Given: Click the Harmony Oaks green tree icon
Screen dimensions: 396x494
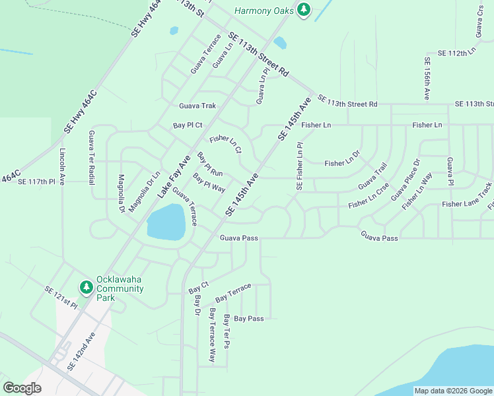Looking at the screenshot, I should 304,10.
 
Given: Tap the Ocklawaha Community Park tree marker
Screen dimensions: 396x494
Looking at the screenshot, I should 86,287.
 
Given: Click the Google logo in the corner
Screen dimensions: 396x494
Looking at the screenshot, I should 22,388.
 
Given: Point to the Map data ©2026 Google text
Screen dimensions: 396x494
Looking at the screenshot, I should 452,391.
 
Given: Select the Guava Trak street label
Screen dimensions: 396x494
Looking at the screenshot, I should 197,106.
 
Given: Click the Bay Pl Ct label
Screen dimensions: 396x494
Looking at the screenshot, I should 188,125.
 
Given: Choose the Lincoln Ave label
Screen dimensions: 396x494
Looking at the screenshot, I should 62,166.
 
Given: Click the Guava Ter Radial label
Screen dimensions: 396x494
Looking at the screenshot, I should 91,157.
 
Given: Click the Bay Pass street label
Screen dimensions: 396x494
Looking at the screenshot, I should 249,319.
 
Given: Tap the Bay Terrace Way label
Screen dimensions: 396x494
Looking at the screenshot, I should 212,335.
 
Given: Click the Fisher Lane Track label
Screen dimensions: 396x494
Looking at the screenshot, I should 468,204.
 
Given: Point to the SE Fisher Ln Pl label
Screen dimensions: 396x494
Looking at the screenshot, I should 299,167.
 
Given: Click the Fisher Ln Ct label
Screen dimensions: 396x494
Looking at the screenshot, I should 225,144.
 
